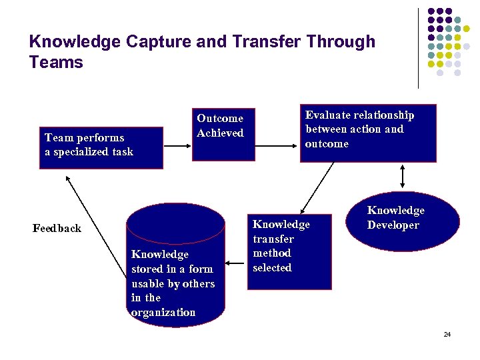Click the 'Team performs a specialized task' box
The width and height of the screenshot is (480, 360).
pyautogui.click(x=101, y=147)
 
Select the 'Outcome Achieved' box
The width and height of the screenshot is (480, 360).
pyautogui.click(x=223, y=133)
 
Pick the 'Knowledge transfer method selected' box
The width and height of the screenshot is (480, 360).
pyautogui.click(x=289, y=252)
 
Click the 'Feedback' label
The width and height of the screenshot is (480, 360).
pyautogui.click(x=57, y=229)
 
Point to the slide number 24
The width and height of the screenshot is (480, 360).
pyautogui.click(x=447, y=334)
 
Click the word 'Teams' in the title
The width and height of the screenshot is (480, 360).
pyautogui.click(x=56, y=63)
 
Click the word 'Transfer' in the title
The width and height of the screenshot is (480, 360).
pyautogui.click(x=267, y=41)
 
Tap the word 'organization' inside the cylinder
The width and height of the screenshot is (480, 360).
pyautogui.click(x=163, y=313)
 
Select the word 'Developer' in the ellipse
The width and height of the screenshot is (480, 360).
pyautogui.click(x=393, y=225)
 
